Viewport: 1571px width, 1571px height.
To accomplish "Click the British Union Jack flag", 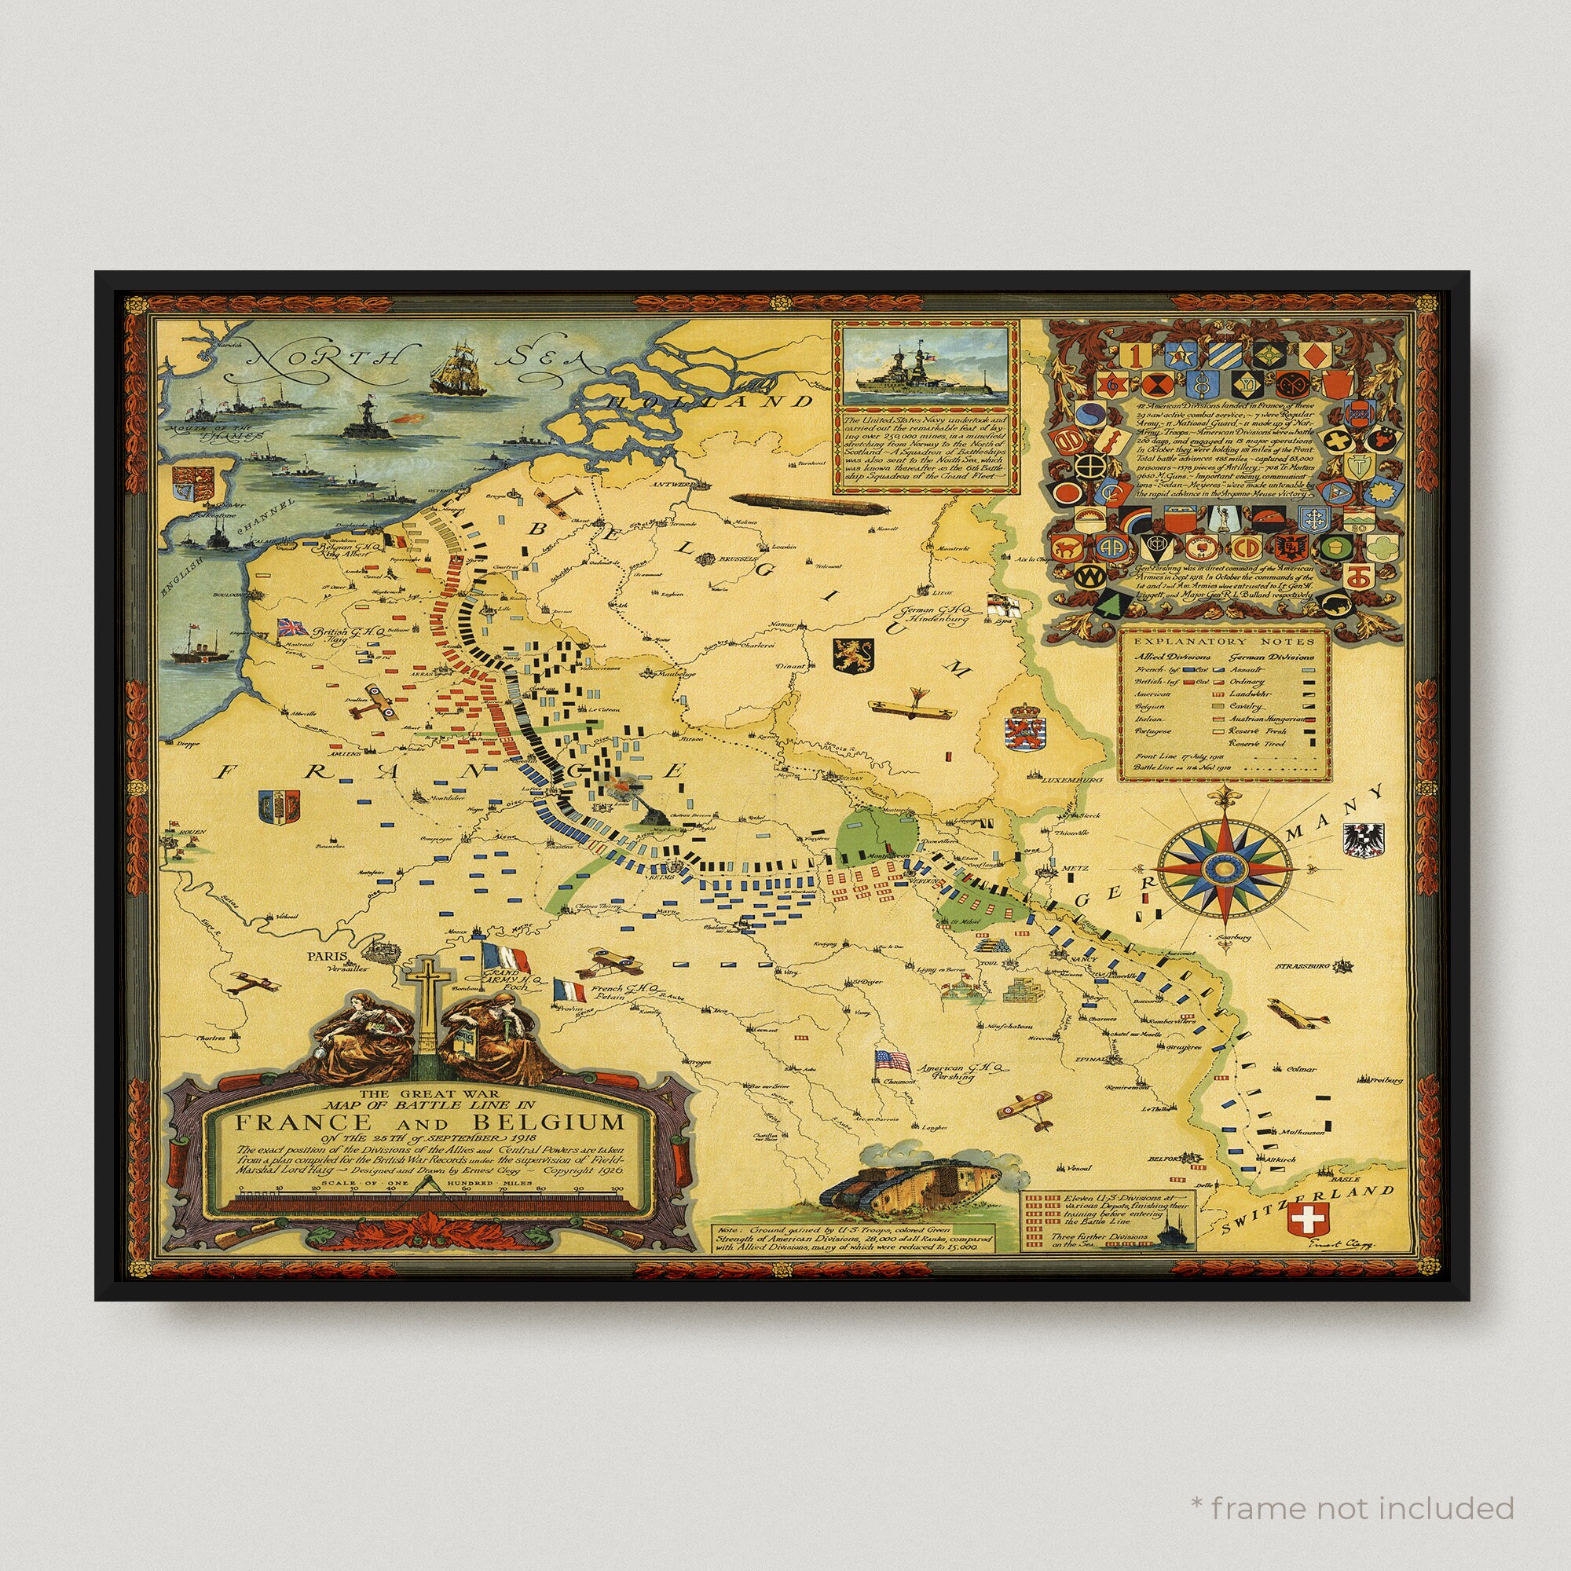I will (293, 627).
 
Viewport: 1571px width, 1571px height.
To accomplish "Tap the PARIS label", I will (326, 957).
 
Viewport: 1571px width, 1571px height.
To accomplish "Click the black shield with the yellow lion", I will (853, 654).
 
